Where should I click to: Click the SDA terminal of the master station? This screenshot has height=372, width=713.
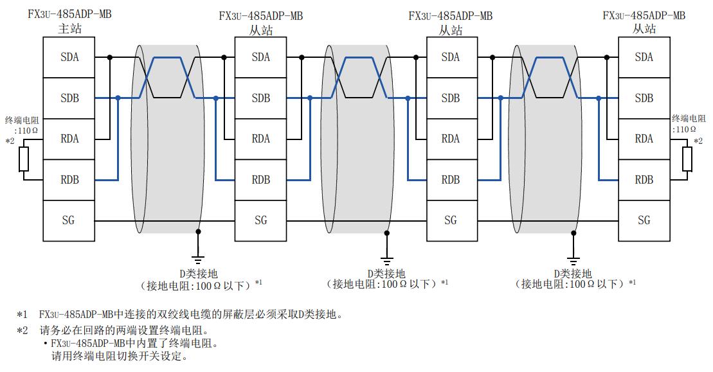[69, 57]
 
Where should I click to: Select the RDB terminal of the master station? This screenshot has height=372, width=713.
[69, 180]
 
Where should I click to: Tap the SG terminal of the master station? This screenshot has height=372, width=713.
[69, 220]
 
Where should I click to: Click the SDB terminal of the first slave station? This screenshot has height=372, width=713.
[260, 98]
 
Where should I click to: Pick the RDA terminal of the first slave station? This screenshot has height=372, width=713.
[260, 139]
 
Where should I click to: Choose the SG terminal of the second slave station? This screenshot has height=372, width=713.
[451, 220]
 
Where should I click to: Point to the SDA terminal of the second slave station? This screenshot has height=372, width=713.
[451, 57]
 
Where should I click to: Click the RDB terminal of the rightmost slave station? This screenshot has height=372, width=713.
[644, 180]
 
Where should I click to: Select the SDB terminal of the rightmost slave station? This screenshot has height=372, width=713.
[644, 98]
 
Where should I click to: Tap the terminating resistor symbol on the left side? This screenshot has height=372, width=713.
[24, 159]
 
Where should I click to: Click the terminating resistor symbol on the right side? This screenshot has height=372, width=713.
[687, 159]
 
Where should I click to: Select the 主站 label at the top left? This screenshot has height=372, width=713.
[69, 28]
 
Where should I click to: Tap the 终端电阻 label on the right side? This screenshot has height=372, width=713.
[689, 119]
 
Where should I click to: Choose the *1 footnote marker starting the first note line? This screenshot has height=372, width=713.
[23, 315]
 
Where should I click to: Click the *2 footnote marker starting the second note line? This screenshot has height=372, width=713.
[23, 331]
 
